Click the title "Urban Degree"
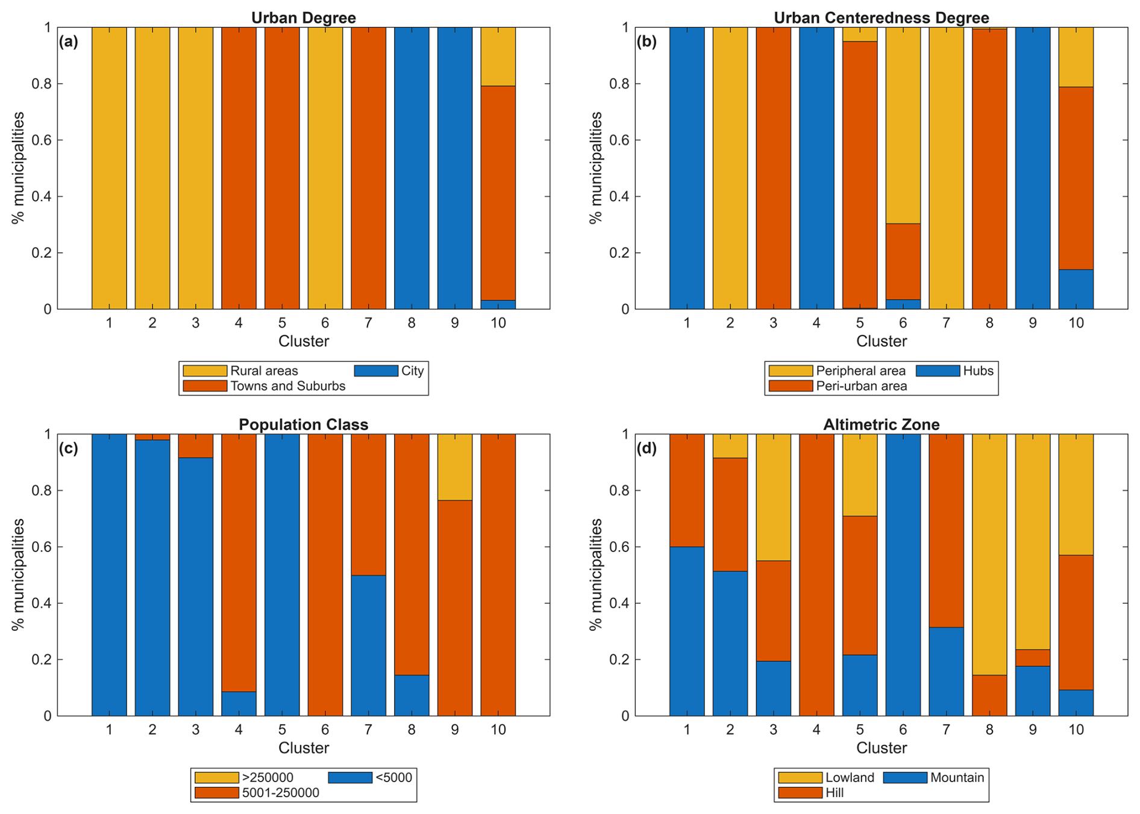[x=303, y=17]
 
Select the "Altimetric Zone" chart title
[x=881, y=424]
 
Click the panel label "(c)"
[x=68, y=449]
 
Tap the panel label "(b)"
[x=647, y=42]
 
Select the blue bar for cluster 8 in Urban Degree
[x=412, y=168]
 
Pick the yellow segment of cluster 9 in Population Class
[x=454, y=467]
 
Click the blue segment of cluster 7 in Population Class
[x=368, y=645]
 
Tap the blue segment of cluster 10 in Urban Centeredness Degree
[x=1076, y=290]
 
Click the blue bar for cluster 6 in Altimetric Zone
[x=903, y=575]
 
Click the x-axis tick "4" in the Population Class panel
[x=239, y=730]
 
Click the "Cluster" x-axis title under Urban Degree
[x=303, y=341]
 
